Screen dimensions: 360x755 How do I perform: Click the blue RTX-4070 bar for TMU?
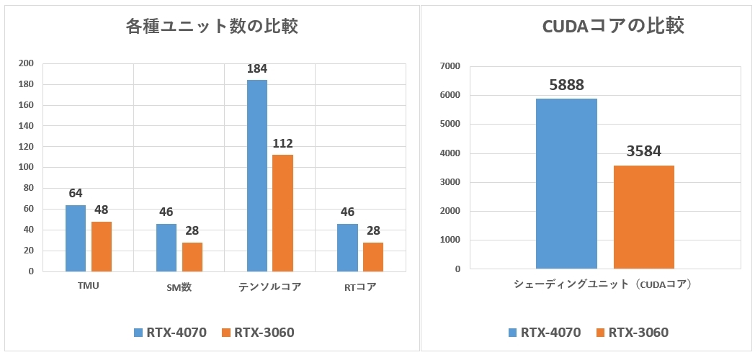[76, 238]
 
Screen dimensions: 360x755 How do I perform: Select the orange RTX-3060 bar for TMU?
[102, 246]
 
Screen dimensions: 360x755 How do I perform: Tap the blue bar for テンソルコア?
[257, 176]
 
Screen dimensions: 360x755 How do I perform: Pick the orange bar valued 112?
[283, 213]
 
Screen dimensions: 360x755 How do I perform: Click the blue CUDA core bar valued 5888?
[566, 184]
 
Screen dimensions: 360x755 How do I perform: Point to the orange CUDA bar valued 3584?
[644, 217]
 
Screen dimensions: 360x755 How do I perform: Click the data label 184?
[257, 69]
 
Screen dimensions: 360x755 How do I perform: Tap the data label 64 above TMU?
[76, 194]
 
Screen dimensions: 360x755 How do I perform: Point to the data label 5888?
[566, 84]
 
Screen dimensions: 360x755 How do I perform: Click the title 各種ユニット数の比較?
[212, 27]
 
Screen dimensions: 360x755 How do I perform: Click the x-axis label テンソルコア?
[269, 287]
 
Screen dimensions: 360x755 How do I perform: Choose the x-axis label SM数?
[179, 287]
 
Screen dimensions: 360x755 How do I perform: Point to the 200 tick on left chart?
[26, 63]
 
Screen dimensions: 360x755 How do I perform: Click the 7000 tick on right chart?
[449, 66]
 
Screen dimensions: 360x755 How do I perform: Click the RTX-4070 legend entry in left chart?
[171, 333]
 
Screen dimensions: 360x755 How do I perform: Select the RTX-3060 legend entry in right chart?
[632, 333]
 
